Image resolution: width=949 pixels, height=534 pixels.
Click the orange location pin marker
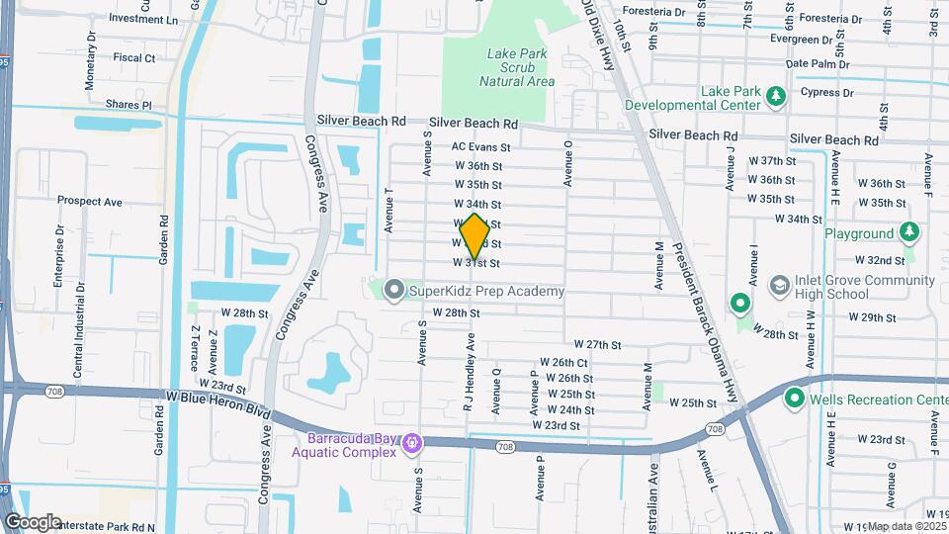(474, 235)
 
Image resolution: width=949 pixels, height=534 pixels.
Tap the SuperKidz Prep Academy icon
(394, 291)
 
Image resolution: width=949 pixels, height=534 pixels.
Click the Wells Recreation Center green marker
(793, 399)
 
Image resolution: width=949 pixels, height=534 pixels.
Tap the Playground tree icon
(908, 233)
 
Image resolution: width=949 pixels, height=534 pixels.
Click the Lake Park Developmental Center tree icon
(776, 97)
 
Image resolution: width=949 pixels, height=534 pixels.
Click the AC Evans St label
(479, 146)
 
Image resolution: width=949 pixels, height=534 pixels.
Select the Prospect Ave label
(89, 201)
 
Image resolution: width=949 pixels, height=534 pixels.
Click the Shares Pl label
(132, 104)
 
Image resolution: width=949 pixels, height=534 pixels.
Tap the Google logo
(33, 521)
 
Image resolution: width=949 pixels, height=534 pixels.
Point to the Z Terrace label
(195, 347)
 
